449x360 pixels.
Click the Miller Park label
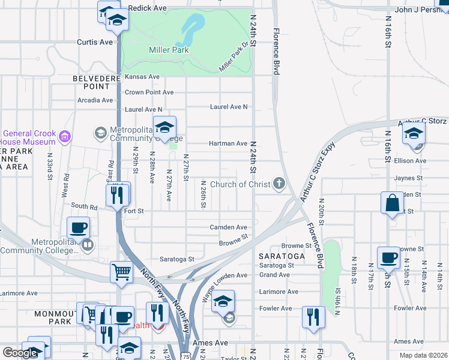(x=169, y=50)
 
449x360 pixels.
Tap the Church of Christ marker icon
(x=279, y=184)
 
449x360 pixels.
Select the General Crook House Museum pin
(x=65, y=138)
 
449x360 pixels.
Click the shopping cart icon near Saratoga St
(x=121, y=272)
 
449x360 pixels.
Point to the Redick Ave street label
(x=148, y=8)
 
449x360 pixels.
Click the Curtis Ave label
(x=95, y=42)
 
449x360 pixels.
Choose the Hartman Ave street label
(x=228, y=143)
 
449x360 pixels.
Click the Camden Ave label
(x=228, y=227)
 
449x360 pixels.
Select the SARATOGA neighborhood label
(x=282, y=256)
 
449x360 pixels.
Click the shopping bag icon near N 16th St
(x=392, y=203)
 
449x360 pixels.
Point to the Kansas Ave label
(x=142, y=77)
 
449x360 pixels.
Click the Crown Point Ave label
(x=149, y=92)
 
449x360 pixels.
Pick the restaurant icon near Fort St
(x=118, y=194)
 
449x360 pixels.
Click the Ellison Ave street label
(x=411, y=161)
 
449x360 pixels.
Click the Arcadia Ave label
(x=95, y=100)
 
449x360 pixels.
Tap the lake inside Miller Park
(x=191, y=26)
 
